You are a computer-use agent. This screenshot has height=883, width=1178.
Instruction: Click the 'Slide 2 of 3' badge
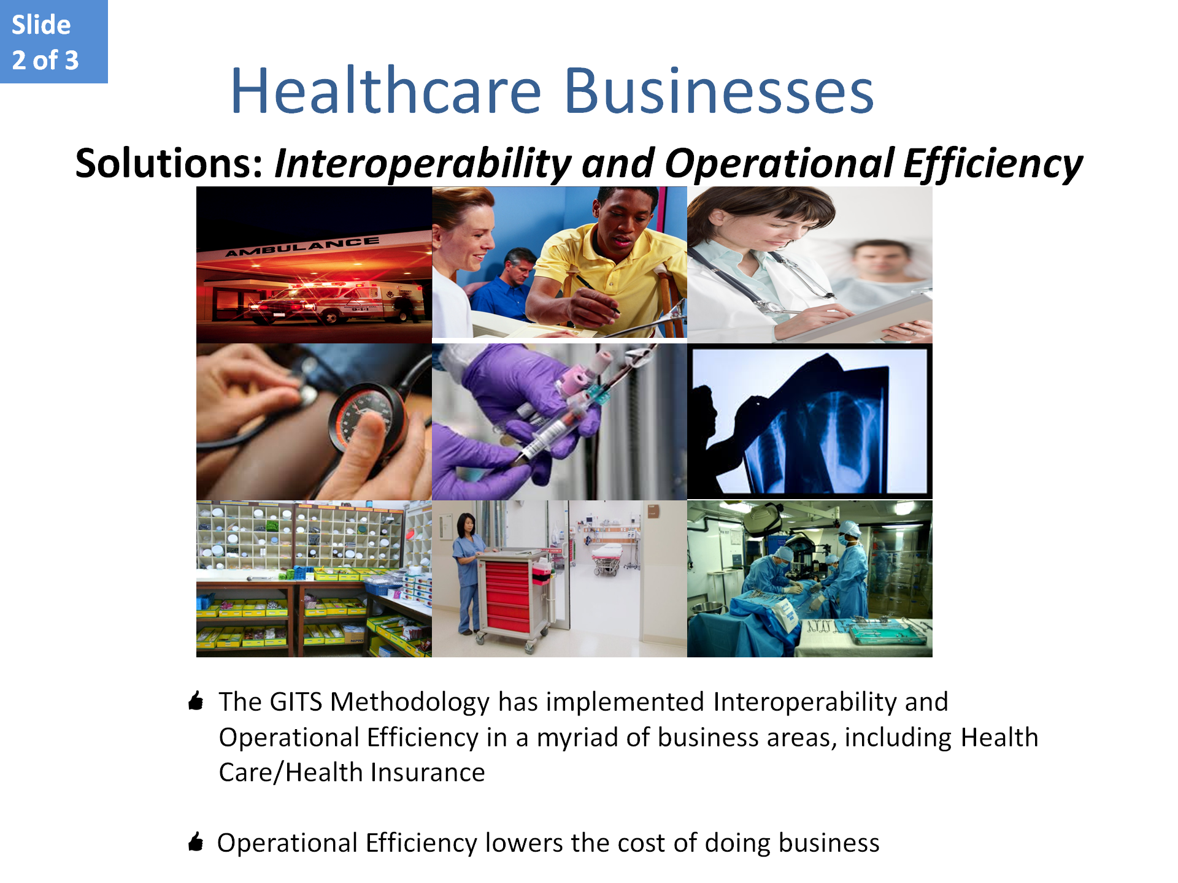[x=54, y=42]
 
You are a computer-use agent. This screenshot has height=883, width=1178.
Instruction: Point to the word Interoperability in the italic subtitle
[x=423, y=164]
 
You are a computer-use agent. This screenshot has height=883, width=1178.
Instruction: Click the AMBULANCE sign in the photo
[x=302, y=247]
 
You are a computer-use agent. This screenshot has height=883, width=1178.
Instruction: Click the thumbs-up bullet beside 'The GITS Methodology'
[x=196, y=700]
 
